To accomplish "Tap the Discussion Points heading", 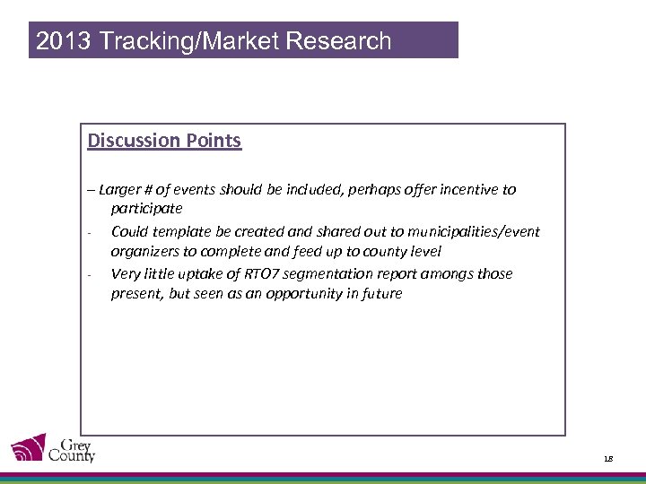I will tap(164, 141).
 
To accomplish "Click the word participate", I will tap(146, 209).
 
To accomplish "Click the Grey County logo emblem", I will tap(28, 448).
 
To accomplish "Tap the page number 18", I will tap(608, 458).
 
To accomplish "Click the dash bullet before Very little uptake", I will tap(92, 274).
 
